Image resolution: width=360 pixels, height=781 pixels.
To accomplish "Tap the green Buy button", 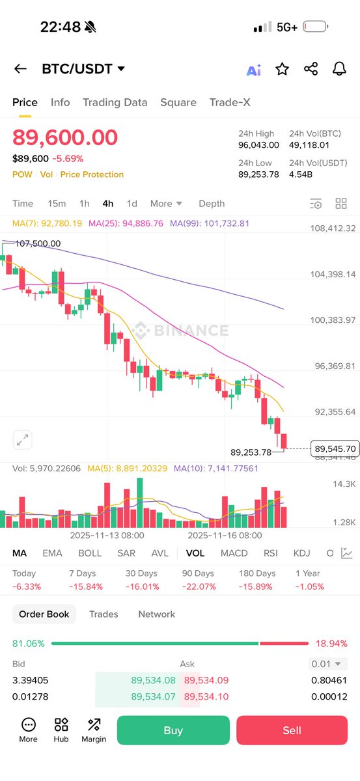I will tap(173, 730).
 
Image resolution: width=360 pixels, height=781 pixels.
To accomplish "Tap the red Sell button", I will tap(292, 730).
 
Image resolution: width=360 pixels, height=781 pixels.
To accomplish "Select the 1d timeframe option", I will tap(132, 204).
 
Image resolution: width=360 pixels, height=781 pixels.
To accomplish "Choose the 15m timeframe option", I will tap(57, 204).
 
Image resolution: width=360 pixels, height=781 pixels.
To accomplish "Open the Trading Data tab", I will tap(115, 102).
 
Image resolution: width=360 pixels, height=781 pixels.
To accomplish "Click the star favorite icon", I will tap(282, 69).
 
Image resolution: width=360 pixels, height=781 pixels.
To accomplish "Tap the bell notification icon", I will tap(339, 69).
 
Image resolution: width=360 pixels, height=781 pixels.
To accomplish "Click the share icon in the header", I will tap(311, 69).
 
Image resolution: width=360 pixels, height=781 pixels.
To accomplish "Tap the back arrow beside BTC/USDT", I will tap(20, 69).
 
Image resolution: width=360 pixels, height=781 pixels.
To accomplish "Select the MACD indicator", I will tap(234, 553).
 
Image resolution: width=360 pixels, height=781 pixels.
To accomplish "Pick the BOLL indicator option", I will tap(90, 553).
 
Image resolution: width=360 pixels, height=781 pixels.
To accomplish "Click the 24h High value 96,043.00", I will tap(258, 145).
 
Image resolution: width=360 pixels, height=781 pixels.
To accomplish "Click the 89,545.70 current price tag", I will tap(335, 448).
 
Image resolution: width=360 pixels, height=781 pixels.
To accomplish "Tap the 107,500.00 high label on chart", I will tap(38, 243).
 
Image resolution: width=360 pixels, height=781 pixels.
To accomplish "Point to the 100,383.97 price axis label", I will tap(333, 320).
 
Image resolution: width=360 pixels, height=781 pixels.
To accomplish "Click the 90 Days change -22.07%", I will tap(198, 586).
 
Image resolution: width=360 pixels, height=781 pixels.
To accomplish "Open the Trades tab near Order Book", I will tap(104, 614).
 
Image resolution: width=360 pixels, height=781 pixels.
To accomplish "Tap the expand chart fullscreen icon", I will tap(23, 440).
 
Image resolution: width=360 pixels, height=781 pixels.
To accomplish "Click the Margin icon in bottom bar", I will tap(94, 730).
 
